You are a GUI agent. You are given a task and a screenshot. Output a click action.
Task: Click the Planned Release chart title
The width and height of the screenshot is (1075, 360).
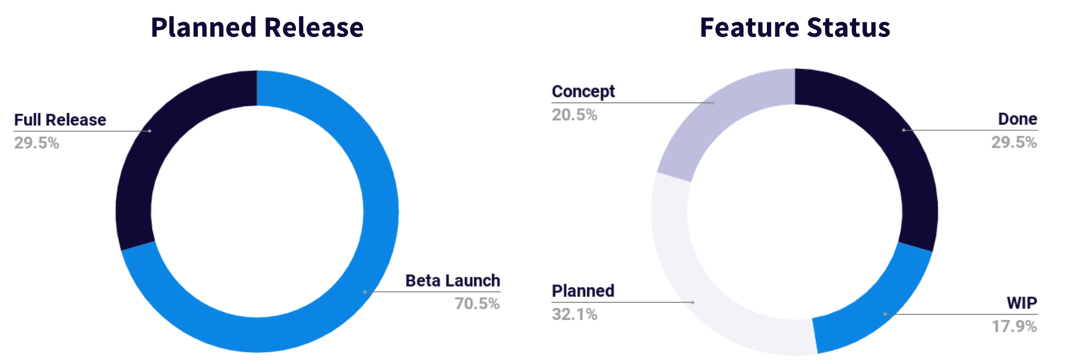click(257, 27)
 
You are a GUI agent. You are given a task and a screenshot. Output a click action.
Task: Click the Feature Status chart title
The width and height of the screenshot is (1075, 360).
click(795, 27)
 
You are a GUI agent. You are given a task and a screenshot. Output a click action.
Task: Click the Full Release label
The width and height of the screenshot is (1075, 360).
click(60, 120)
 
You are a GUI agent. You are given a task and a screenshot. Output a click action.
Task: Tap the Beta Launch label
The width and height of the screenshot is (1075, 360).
click(452, 281)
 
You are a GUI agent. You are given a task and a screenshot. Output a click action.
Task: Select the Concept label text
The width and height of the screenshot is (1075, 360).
click(583, 92)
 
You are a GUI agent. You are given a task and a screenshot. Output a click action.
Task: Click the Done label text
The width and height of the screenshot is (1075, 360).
click(1017, 119)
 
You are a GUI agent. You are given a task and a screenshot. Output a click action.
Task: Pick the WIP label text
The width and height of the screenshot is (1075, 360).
click(1022, 303)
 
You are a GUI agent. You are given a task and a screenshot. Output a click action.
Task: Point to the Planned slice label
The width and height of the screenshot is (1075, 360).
click(583, 291)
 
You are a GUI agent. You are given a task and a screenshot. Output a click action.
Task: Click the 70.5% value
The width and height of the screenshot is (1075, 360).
click(477, 304)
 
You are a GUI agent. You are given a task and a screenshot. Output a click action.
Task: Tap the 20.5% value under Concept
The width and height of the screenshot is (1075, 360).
click(574, 115)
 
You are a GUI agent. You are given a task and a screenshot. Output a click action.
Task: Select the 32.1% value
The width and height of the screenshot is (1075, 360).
click(574, 314)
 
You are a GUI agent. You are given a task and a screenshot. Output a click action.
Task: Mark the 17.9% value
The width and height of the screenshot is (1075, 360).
click(1014, 326)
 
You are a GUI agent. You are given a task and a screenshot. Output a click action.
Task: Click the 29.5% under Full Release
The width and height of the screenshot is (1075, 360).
click(37, 143)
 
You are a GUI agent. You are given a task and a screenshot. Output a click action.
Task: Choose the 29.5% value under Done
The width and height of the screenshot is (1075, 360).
click(1014, 142)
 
